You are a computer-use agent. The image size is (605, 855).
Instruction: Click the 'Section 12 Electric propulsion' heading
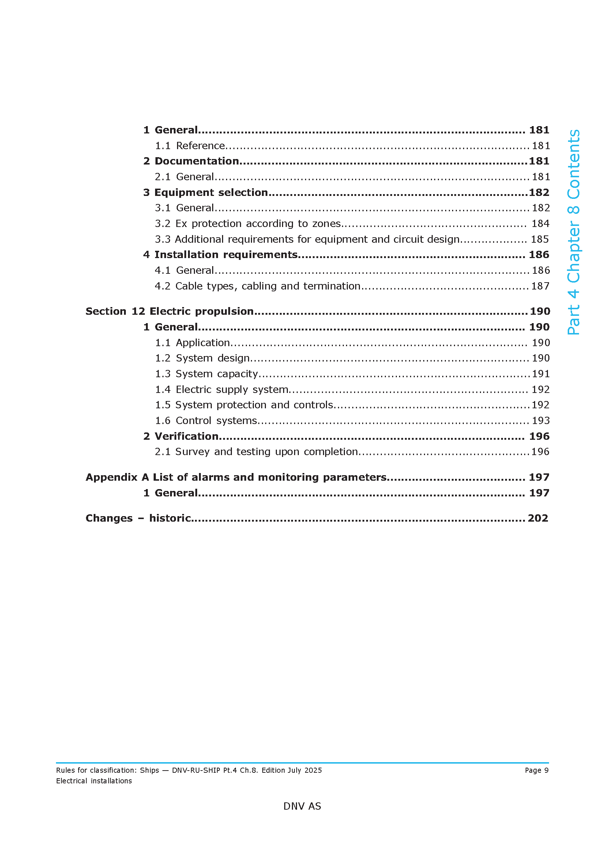169,311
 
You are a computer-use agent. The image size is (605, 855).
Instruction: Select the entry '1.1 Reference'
190,145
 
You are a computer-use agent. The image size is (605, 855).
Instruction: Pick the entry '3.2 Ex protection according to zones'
248,223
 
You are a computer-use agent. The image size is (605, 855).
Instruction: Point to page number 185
540,239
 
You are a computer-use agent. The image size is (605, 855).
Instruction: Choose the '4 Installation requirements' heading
221,255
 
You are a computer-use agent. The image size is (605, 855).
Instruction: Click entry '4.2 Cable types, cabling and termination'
258,286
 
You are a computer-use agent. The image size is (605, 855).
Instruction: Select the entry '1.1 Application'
192,343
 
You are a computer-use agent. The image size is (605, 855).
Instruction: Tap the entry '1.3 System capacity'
206,374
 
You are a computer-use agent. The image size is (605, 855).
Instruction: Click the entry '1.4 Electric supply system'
222,390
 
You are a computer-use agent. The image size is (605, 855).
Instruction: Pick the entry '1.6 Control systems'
206,421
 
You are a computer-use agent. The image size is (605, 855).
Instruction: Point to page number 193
541,421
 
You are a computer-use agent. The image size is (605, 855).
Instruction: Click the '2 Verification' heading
181,436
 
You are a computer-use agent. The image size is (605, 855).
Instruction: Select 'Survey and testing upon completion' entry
256,452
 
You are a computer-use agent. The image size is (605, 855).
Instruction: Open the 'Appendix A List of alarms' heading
236,477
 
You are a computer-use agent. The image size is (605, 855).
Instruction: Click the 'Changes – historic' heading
138,518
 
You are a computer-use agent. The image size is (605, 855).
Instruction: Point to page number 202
538,518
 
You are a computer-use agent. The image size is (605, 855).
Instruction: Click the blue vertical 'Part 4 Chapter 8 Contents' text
574,232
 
